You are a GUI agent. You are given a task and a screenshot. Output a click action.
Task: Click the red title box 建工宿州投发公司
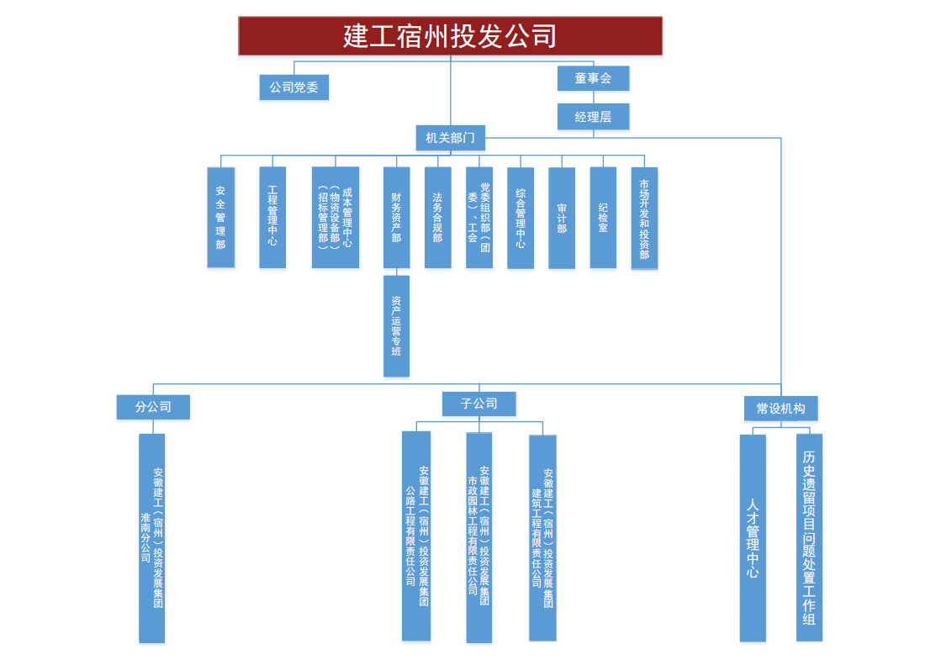coord(450,36)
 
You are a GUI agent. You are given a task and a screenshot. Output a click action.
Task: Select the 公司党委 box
coord(293,87)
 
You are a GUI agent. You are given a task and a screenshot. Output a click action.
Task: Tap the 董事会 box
coord(593,78)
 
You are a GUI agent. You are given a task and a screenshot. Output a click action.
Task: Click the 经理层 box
coord(593,117)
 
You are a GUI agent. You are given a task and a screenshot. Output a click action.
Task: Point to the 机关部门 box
coord(450,138)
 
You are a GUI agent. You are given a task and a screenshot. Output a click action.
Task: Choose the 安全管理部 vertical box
coord(221,218)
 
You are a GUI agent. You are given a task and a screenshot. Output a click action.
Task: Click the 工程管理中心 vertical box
coord(272,218)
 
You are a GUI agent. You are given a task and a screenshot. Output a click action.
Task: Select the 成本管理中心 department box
coord(336,218)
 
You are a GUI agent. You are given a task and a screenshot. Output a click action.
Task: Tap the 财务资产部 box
coord(396,218)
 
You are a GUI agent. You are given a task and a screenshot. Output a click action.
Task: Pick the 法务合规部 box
coord(437,218)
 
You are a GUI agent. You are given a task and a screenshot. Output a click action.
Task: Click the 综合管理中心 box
coord(521,218)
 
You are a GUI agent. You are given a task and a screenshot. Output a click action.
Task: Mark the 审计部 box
coord(562,218)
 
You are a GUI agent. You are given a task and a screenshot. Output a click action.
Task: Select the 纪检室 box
coord(603,218)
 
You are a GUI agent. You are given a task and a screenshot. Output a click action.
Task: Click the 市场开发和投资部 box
coord(644,218)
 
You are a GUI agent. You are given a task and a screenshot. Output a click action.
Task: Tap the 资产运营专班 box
coord(396,326)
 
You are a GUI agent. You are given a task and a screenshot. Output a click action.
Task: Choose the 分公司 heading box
coord(153,407)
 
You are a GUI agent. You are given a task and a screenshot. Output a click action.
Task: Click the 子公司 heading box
coord(478,404)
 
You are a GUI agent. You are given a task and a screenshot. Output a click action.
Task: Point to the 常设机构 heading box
coord(780,409)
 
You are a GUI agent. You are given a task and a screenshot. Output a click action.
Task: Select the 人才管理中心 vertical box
coord(753,538)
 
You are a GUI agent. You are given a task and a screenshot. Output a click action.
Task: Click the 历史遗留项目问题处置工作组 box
coord(809,538)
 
